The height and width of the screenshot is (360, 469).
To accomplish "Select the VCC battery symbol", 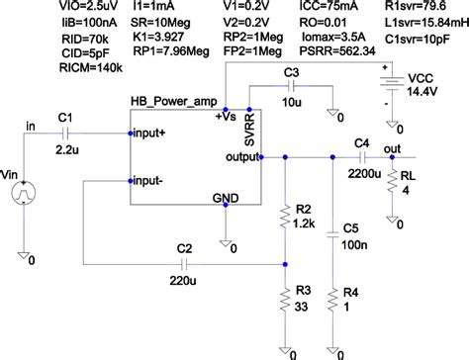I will click(x=397, y=84).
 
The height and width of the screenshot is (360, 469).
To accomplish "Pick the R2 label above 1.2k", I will click(x=304, y=209).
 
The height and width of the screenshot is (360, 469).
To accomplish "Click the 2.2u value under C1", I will click(x=68, y=153).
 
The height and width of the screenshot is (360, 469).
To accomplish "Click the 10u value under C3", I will click(x=292, y=103).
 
